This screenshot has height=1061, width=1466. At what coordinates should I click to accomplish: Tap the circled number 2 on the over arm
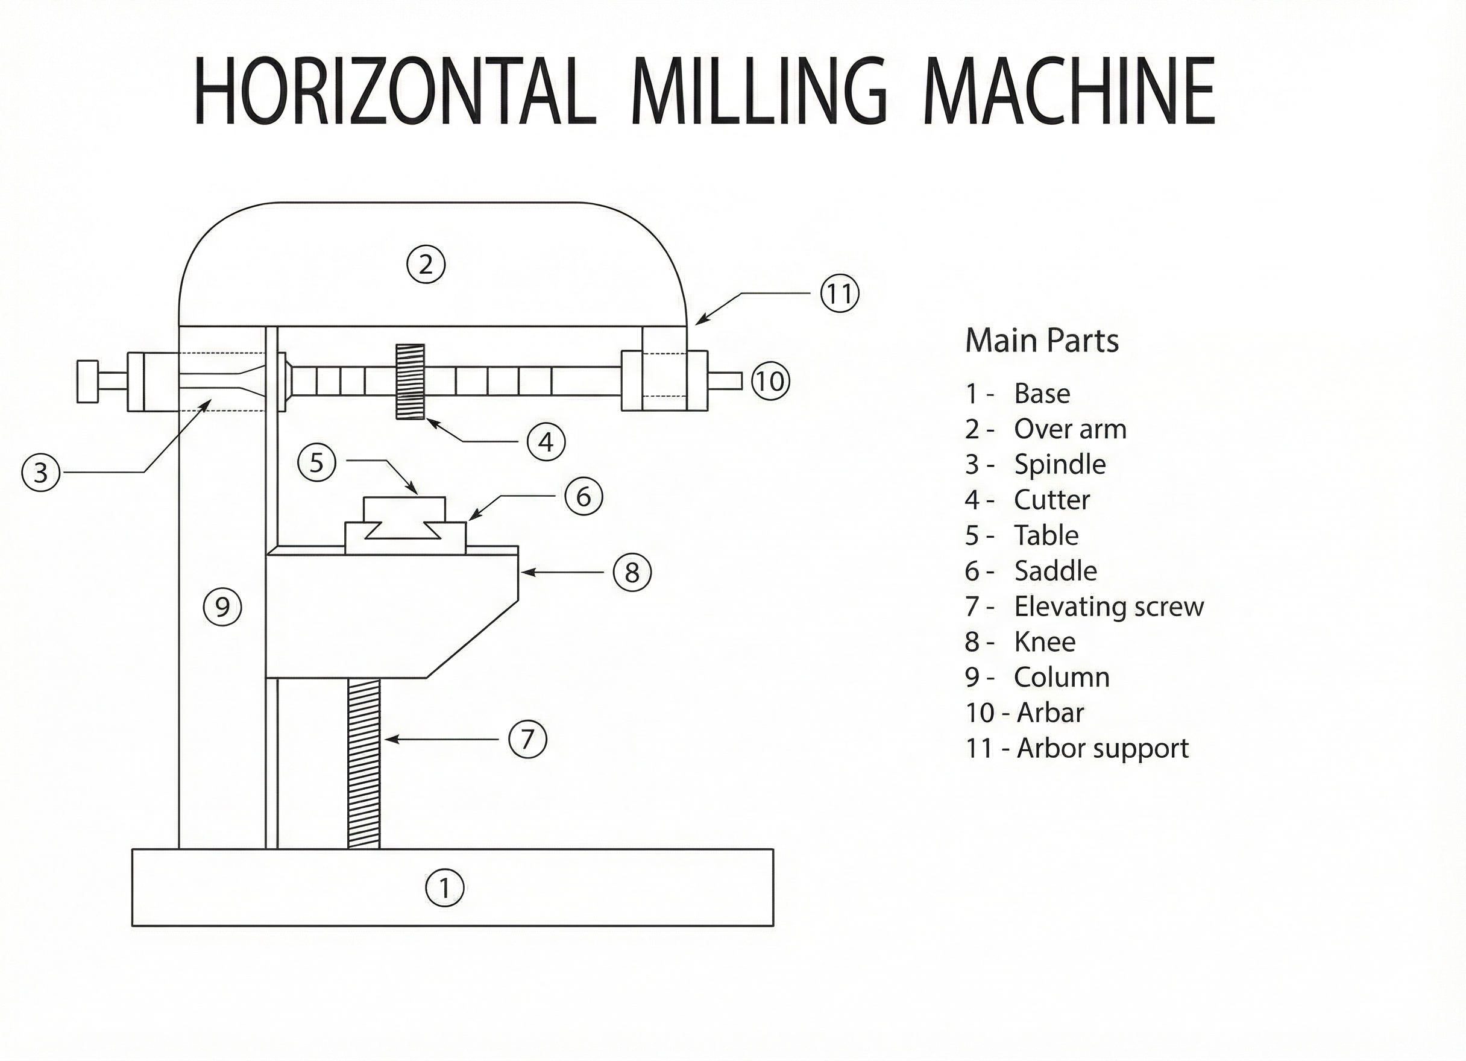pyautogui.click(x=426, y=265)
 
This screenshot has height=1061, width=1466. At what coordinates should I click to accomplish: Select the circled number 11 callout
pyautogui.click(x=839, y=294)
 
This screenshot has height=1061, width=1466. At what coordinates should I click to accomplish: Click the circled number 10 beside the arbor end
pyautogui.click(x=770, y=382)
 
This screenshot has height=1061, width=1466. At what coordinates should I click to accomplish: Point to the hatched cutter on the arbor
pyautogui.click(x=411, y=382)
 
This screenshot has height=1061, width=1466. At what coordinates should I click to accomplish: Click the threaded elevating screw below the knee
pyautogui.click(x=364, y=763)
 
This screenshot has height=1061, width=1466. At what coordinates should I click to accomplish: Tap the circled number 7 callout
pyautogui.click(x=527, y=739)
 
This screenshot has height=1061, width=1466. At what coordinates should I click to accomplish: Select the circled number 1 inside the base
pyautogui.click(x=444, y=888)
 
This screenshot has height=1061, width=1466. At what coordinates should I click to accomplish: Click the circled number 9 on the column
pyautogui.click(x=222, y=607)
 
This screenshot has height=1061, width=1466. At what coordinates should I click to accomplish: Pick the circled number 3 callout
pyautogui.click(x=41, y=473)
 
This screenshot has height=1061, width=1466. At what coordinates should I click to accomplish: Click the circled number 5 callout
pyautogui.click(x=316, y=463)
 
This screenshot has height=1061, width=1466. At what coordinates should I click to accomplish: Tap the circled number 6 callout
pyautogui.click(x=583, y=497)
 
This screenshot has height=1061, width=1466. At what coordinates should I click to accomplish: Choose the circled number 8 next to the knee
pyautogui.click(x=632, y=572)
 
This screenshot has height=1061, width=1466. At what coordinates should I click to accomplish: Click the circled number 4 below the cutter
pyautogui.click(x=546, y=442)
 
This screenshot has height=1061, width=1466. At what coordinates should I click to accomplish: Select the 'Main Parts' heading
pyautogui.click(x=1041, y=341)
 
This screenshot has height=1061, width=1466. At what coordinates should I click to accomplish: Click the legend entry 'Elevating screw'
pyautogui.click(x=1108, y=606)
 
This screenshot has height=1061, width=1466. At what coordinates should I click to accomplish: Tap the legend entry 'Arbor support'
pyautogui.click(x=1102, y=748)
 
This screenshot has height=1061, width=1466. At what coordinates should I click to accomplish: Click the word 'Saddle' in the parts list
pyautogui.click(x=1055, y=571)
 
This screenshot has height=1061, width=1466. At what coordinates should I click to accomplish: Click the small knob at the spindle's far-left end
pyautogui.click(x=87, y=382)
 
